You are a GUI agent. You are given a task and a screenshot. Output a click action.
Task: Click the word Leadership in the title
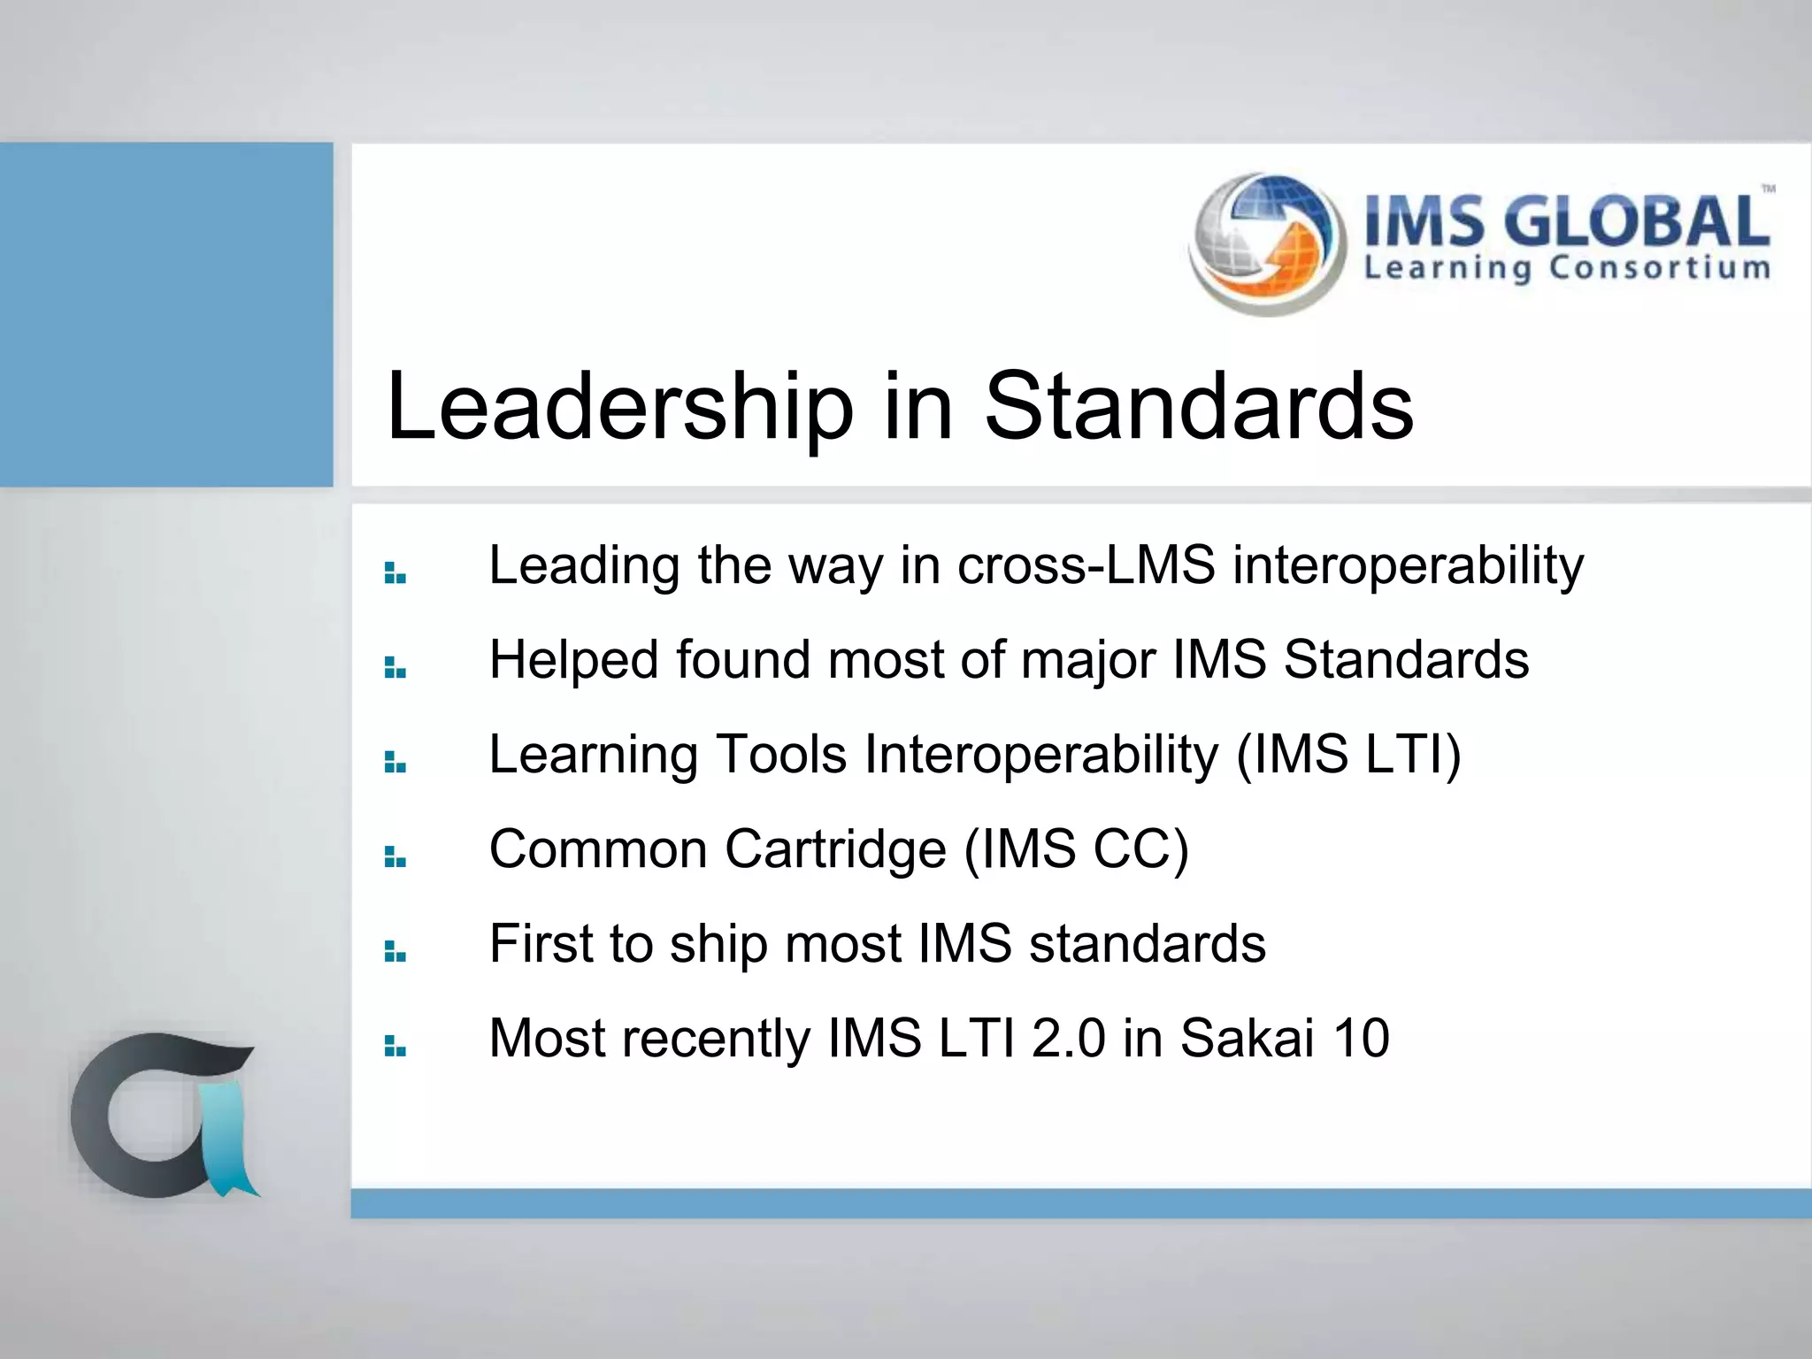point(619,407)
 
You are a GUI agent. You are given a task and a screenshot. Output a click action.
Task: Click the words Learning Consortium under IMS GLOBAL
point(1566,268)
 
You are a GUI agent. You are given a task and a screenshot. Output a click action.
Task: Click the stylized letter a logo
point(159,1115)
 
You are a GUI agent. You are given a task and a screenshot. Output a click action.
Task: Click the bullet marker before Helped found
point(395,668)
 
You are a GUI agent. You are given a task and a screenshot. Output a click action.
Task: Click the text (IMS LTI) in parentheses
point(1348,755)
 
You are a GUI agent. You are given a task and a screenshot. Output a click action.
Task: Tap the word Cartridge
point(835,849)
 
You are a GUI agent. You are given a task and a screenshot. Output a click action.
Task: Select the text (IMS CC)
point(1076,849)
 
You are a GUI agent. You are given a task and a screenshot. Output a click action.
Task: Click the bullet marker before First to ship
point(395,952)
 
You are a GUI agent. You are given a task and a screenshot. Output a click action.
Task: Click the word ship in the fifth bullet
point(718,944)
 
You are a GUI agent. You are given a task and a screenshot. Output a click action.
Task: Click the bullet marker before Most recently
point(395,1047)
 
